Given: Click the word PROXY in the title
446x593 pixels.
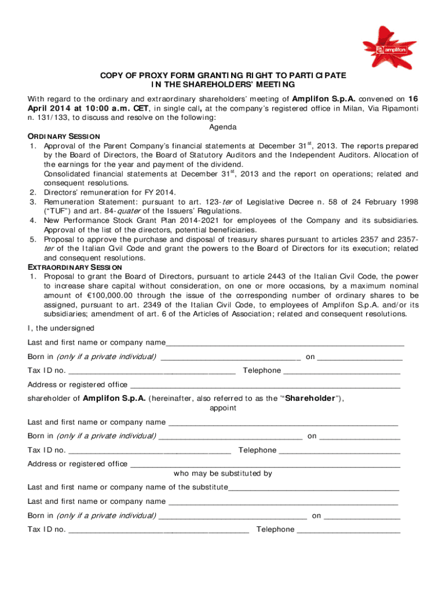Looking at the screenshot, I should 144,76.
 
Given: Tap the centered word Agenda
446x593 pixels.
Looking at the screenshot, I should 222,126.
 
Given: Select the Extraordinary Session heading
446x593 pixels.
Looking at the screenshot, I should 74,267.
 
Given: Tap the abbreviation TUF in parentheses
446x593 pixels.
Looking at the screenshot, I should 57,211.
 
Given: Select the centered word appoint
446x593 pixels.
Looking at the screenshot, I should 222,408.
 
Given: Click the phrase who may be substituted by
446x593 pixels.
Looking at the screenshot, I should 222,473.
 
